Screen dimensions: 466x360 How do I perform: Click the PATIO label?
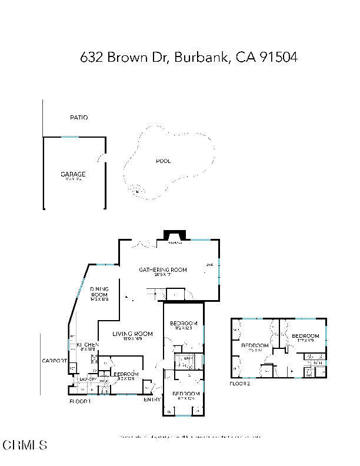point(79,118)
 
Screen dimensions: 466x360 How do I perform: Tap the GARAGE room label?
point(73,174)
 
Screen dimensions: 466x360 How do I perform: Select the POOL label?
point(163,161)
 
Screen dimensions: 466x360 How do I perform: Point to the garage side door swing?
point(102,159)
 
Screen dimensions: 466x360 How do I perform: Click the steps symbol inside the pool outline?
point(138,190)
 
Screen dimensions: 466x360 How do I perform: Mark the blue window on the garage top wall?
point(69,138)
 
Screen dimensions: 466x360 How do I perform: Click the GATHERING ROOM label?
point(162,269)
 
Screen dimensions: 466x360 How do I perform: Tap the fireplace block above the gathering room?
point(174,235)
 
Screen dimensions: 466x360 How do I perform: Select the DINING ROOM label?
point(99,292)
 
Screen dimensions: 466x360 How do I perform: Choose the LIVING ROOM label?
point(132,334)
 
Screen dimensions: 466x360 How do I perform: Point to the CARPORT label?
point(53,361)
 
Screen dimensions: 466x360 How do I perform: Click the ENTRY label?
point(152,400)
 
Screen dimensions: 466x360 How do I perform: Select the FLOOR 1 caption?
point(80,401)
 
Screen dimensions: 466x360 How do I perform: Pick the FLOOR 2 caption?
point(240,383)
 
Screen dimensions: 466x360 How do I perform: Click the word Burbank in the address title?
point(202,57)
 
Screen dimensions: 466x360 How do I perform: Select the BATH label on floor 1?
point(188,358)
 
